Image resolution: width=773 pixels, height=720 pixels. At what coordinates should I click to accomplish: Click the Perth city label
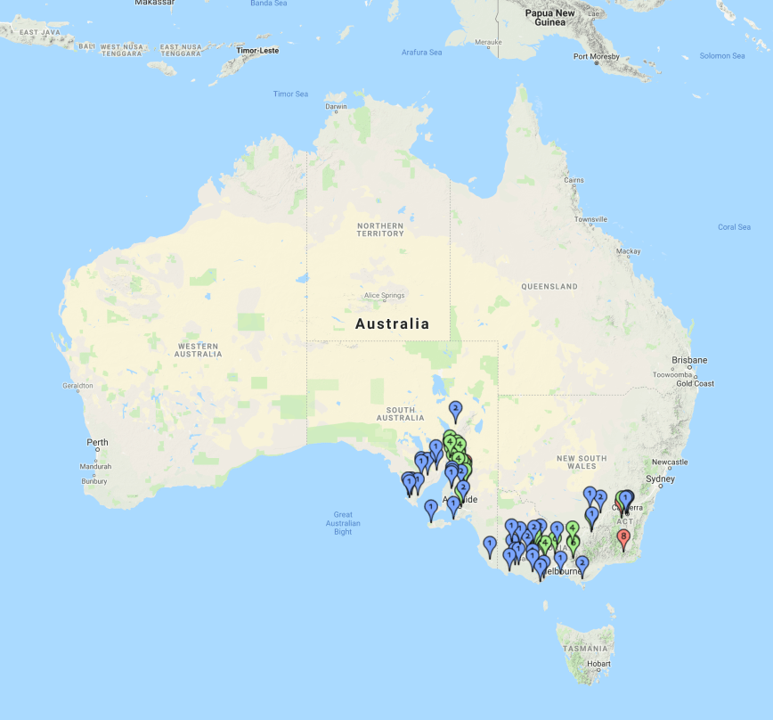97,442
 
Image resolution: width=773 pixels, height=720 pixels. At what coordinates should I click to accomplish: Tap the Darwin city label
337,107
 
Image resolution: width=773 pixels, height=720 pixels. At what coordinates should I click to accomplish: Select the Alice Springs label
384,296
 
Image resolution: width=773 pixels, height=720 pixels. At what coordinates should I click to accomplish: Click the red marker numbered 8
623,538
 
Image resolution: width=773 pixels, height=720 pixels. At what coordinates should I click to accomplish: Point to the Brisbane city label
690,361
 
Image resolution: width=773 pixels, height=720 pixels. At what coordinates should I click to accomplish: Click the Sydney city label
660,479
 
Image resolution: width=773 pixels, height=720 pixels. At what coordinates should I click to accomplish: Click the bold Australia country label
392,324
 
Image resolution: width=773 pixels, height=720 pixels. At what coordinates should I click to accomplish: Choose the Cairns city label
574,179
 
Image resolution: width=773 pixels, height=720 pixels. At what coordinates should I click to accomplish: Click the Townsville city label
590,218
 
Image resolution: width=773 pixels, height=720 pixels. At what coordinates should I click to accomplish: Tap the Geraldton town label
77,386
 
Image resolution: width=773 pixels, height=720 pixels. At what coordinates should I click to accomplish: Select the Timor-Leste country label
258,51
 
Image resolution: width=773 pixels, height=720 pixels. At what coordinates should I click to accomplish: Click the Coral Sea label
734,227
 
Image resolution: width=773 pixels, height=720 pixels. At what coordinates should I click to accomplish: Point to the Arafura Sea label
421,53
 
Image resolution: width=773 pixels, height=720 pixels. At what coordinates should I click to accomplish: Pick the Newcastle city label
669,462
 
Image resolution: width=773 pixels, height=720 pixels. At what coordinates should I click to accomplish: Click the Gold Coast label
695,383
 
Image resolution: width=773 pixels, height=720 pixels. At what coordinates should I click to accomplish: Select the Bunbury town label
94,481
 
